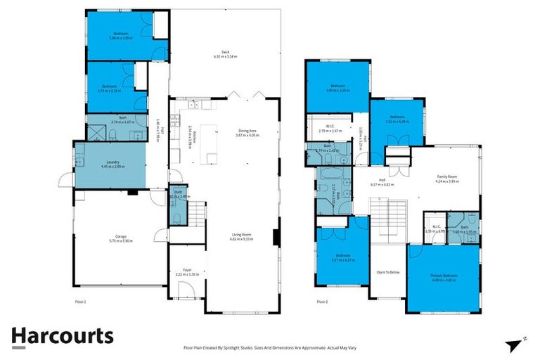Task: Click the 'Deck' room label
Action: click(x=226, y=51)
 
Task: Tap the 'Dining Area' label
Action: click(x=248, y=130)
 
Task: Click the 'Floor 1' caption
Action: click(x=79, y=302)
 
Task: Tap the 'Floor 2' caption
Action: click(x=322, y=302)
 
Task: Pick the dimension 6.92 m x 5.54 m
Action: click(x=226, y=56)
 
